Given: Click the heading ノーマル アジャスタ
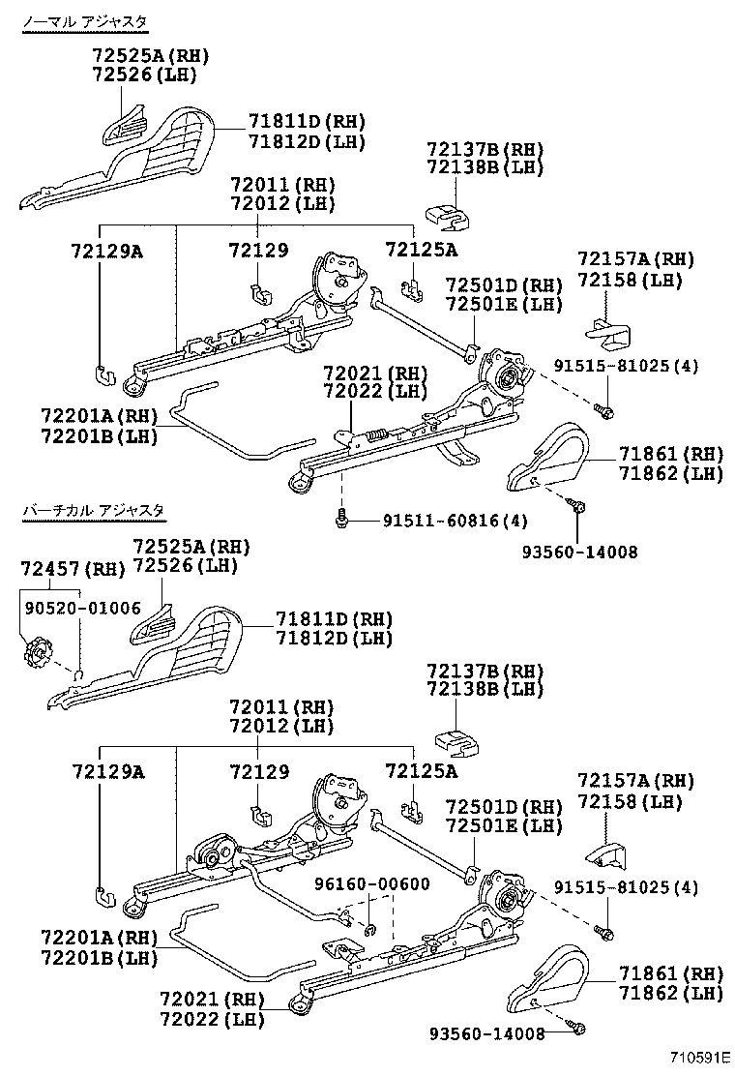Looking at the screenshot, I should click(x=92, y=20).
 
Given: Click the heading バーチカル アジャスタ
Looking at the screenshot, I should click(x=93, y=510).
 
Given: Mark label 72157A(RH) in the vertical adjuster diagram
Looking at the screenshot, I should click(x=635, y=780).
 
